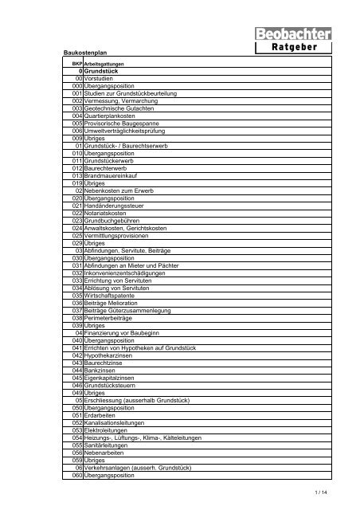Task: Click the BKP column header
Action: click(x=77, y=64)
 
